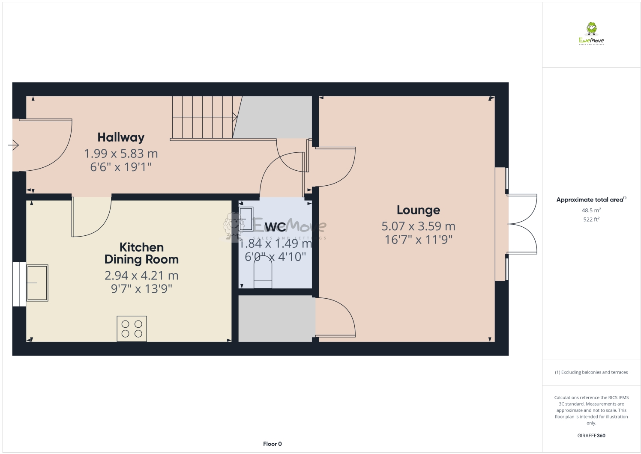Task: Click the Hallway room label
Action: coord(121,137)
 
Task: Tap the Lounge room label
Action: coord(418,210)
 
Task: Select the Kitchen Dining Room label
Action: coord(141,253)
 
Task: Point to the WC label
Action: coord(275,227)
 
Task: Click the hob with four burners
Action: coord(132,329)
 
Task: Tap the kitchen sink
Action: coord(37,282)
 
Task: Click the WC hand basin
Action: coord(246,219)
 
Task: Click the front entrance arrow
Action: coord(14,145)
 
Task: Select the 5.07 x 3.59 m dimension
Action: coord(418,226)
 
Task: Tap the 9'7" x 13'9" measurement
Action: coord(141,289)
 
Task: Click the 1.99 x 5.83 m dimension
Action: coord(121,153)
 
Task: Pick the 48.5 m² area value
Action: coord(591,211)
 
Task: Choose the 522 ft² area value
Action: coord(591,220)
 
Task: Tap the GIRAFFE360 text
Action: coord(591,436)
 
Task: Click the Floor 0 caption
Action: coord(273,444)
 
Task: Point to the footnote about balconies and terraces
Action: coord(591,372)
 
